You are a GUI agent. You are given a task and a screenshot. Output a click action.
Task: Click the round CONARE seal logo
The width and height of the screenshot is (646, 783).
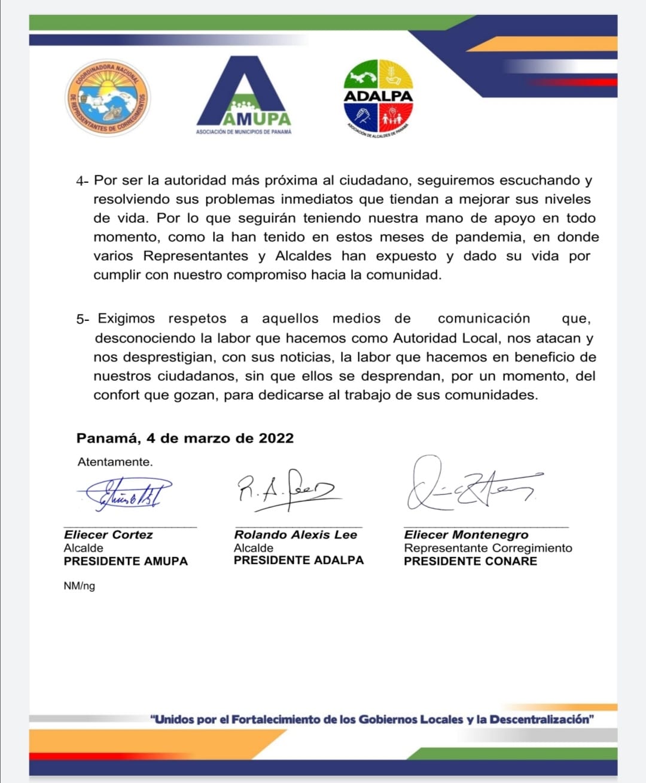[x=108, y=97]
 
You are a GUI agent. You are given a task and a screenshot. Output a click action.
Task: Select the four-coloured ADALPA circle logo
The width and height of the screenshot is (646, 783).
[x=379, y=96]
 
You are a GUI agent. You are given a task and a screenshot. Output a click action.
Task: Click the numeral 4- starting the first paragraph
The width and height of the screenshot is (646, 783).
[x=83, y=181]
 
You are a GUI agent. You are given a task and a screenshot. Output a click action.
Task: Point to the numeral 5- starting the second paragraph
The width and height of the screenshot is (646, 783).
[x=83, y=319]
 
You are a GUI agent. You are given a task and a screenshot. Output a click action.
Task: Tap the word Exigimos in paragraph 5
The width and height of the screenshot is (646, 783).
[x=126, y=319]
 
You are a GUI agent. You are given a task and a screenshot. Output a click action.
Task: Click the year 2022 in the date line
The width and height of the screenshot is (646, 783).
[x=276, y=438]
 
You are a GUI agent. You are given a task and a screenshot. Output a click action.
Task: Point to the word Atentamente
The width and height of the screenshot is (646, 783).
[x=115, y=462]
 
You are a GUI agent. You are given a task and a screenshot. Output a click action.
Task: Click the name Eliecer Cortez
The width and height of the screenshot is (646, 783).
[x=108, y=535]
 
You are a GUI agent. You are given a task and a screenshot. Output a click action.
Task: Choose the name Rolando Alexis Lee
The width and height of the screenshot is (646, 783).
[x=295, y=535]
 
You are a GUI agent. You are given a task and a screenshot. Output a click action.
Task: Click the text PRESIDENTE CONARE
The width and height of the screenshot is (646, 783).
[x=470, y=561]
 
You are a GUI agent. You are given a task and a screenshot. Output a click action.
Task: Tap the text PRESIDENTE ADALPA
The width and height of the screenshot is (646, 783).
[x=298, y=561]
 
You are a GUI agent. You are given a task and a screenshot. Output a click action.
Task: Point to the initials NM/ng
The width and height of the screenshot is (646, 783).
[x=79, y=586]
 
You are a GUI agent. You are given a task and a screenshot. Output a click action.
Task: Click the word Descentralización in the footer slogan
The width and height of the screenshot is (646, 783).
[x=541, y=719]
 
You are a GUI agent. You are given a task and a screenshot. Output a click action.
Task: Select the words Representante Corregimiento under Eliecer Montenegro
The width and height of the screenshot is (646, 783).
[x=488, y=548]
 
